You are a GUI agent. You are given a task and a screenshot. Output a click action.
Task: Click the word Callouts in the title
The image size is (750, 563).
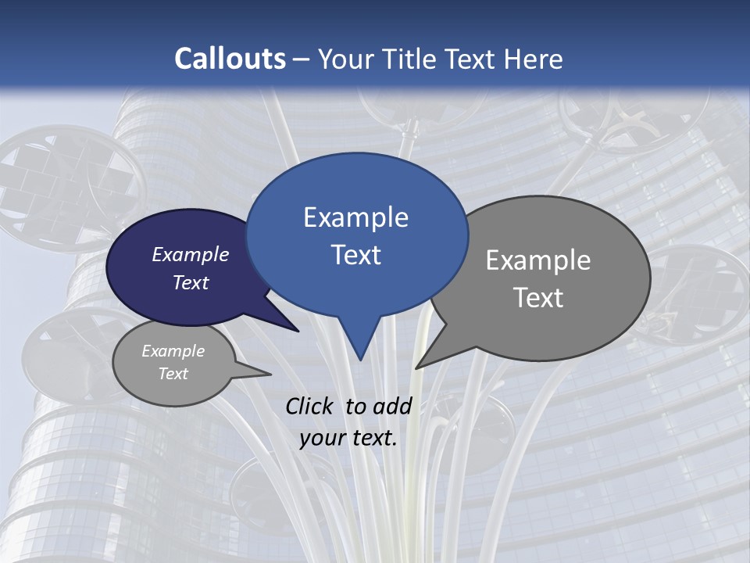(230, 59)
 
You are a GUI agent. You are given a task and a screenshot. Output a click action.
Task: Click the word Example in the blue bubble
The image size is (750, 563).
(355, 217)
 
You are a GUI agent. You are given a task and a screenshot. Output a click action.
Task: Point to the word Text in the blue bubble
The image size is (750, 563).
(355, 255)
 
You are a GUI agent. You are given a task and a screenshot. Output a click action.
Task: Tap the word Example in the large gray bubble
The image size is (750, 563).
(538, 260)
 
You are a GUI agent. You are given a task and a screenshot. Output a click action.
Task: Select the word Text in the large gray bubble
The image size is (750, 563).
(538, 298)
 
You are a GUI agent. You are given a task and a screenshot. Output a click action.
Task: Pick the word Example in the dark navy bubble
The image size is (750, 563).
(191, 254)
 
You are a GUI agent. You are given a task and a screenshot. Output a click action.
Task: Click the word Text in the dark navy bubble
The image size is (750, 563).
(191, 282)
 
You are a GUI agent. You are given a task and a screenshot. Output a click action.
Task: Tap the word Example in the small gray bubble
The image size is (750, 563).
(173, 351)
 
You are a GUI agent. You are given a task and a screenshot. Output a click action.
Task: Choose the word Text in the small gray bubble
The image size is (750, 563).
(173, 374)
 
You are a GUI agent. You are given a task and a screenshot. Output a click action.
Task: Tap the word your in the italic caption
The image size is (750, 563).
(321, 438)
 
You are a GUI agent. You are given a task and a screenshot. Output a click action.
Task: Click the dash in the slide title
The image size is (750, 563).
(302, 59)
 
